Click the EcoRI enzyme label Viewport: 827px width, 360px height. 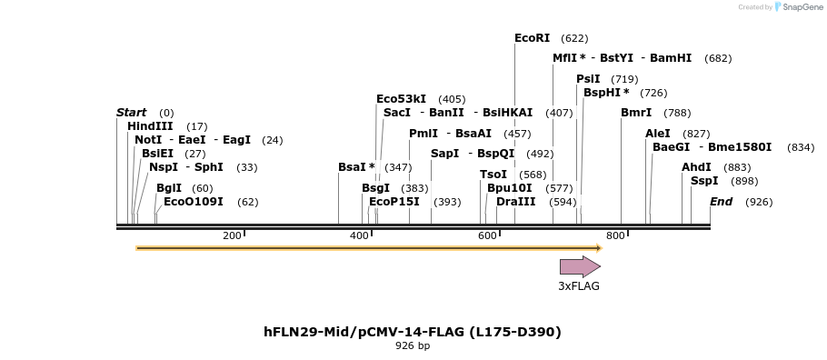[532, 38]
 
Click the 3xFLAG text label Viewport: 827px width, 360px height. [579, 285]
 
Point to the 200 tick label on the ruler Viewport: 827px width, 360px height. [232, 236]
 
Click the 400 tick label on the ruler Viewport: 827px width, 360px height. [360, 236]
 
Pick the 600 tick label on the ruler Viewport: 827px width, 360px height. [487, 236]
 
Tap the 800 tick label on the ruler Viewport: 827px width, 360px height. [615, 236]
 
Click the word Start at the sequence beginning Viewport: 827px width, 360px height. [131, 113]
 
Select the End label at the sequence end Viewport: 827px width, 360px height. [721, 202]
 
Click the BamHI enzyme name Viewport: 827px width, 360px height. [671, 58]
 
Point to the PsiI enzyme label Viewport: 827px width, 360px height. [588, 79]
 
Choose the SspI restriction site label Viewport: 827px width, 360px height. [704, 181]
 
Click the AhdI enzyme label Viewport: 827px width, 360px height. [697, 167]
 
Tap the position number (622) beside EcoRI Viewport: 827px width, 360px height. [574, 38]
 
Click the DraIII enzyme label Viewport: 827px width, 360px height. [516, 202]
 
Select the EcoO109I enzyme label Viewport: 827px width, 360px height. [194, 202]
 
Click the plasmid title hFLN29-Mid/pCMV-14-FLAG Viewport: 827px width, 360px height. [413, 332]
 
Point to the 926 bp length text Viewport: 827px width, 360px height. [413, 346]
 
